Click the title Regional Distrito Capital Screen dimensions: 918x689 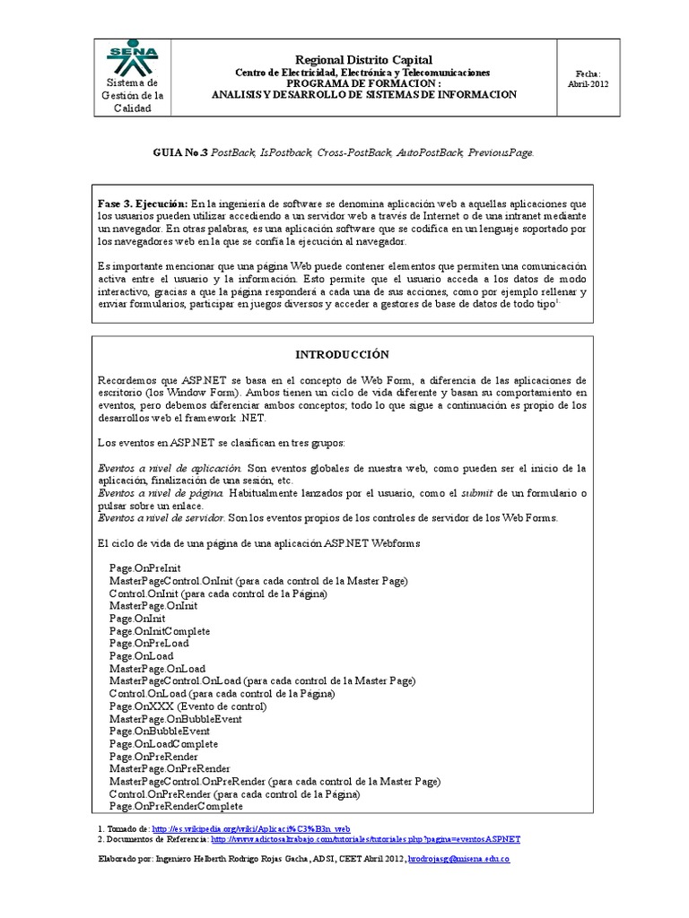pos(363,58)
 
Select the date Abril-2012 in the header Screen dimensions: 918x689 pos(588,82)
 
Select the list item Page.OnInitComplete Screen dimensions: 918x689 pos(160,631)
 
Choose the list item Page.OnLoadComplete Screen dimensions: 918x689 pos(163,744)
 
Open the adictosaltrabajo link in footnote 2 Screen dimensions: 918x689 pos(365,840)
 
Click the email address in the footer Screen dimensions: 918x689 pos(458,860)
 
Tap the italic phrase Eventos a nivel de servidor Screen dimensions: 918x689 pos(161,518)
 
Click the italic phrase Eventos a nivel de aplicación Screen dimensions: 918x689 pos(169,468)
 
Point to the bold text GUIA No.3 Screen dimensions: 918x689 pos(179,153)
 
